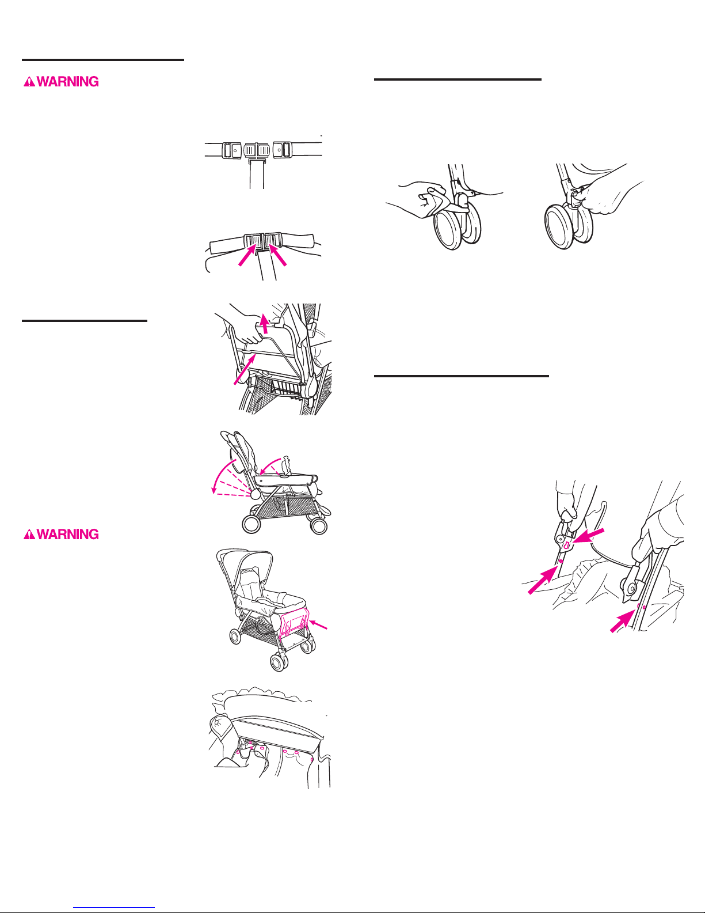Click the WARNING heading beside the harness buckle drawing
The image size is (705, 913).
61,82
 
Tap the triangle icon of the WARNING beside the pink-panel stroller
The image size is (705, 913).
29,534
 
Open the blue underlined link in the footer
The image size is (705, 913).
114,908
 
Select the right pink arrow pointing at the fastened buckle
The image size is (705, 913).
277,255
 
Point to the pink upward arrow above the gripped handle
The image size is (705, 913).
264,323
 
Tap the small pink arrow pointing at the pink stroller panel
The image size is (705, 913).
318,625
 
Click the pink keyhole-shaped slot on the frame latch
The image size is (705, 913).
566,545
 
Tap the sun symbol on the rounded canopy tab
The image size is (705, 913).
219,723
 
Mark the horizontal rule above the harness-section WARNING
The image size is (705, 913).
103,60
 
